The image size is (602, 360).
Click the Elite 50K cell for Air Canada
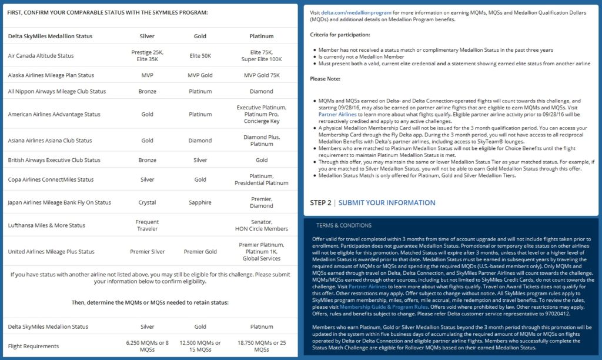tap(200, 56)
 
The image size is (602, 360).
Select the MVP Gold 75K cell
tap(262, 75)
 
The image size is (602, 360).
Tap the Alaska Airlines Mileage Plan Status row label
tap(51, 75)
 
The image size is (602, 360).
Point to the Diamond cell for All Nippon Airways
tap(262, 91)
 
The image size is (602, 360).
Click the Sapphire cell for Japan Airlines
tap(200, 202)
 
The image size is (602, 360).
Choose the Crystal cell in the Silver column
tap(147, 202)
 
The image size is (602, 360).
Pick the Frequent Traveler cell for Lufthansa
tap(147, 225)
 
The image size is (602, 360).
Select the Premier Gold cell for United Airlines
tap(200, 252)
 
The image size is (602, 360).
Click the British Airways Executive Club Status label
tap(54, 160)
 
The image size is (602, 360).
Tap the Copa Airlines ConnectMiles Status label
tap(51, 179)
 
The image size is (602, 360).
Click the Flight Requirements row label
tap(34, 346)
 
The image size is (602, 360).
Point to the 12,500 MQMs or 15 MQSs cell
tap(200, 346)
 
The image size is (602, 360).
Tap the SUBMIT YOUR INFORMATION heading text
tap(387, 203)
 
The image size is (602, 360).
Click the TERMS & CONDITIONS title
tap(344, 225)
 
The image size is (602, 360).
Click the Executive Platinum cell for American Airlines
tap(262, 114)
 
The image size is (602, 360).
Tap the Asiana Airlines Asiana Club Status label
tap(50, 141)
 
